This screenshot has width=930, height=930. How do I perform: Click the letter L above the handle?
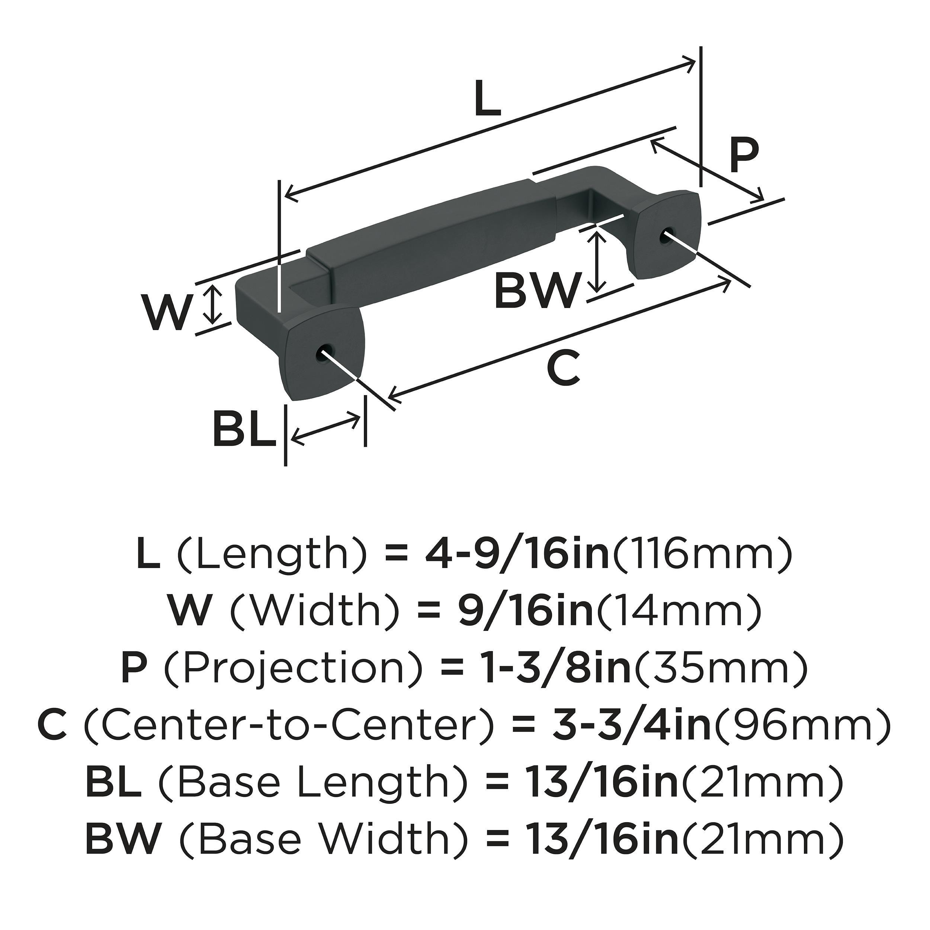[487, 98]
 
